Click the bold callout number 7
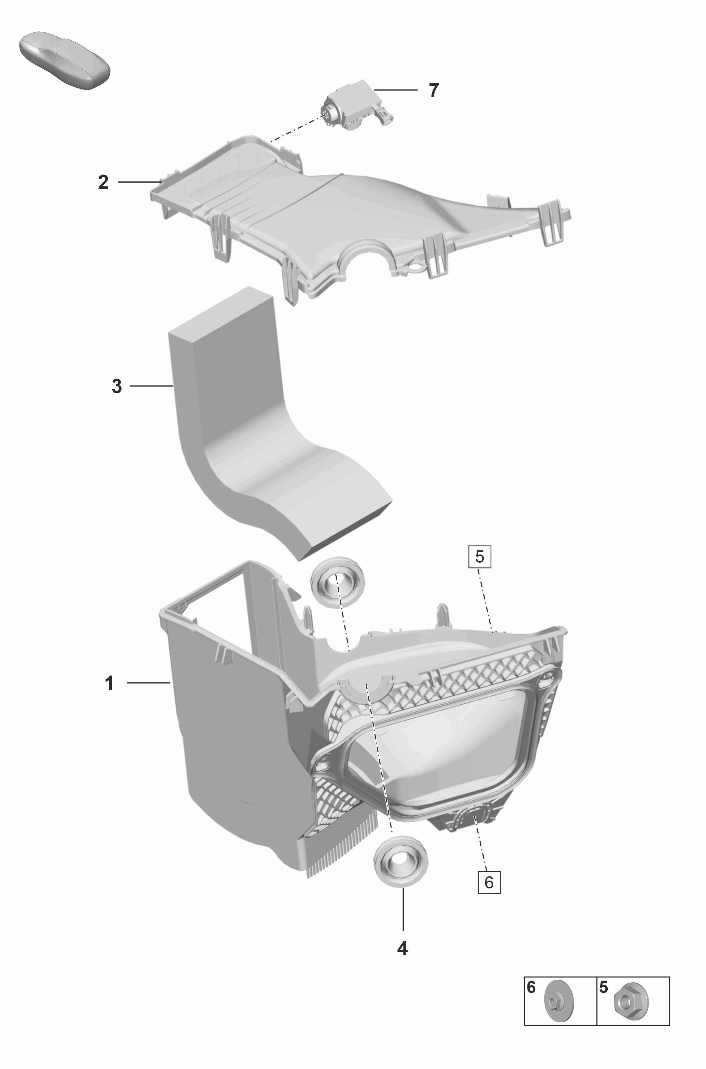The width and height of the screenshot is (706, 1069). point(433,90)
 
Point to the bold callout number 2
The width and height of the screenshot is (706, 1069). point(103,182)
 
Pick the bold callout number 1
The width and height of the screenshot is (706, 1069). point(109,683)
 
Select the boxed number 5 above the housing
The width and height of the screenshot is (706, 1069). point(480,557)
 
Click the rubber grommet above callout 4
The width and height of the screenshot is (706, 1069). point(401,862)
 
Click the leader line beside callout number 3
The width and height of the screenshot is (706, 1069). point(152,386)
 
